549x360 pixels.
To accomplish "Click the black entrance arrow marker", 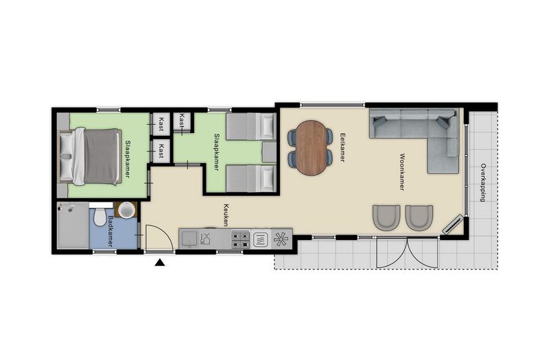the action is [160, 263].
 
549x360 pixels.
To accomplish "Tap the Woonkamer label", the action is [401, 172].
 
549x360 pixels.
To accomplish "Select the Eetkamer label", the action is [342, 147].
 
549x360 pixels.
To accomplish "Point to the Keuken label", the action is [226, 215].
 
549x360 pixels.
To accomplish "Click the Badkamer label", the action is [110, 231].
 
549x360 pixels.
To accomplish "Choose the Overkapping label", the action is [483, 182].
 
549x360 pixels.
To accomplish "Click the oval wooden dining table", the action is [312, 147].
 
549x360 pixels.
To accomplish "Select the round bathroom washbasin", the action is [126, 211].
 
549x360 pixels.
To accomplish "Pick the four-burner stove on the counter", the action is [240, 239].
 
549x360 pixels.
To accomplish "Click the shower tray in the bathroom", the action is [73, 226].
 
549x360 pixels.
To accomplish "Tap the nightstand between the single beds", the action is [269, 152].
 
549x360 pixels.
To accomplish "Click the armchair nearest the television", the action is [419, 217].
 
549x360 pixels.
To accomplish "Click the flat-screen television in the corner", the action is [454, 224].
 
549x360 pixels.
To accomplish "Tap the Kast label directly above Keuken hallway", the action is [161, 151].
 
